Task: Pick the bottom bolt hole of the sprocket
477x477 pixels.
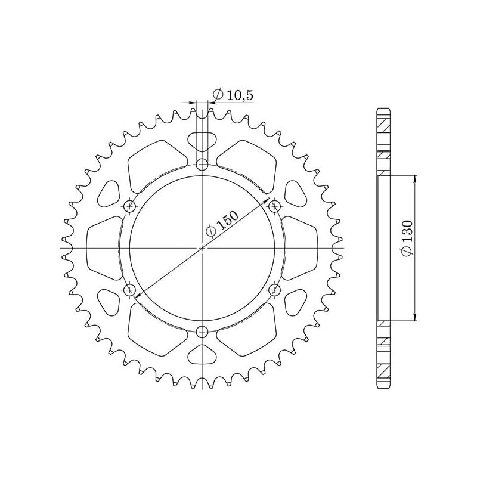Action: [x=203, y=332]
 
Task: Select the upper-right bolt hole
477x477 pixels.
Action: [x=275, y=206]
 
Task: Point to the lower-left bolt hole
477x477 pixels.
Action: [x=131, y=290]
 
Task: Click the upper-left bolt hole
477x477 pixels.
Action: [x=131, y=206]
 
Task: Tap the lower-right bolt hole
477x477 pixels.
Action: [x=275, y=290]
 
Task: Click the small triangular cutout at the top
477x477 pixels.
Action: [x=203, y=143]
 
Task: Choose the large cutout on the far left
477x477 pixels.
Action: [x=104, y=247]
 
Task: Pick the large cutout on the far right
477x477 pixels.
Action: [x=302, y=247]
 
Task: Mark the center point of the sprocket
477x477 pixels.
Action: [x=203, y=247]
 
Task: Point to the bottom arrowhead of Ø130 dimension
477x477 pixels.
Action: [x=414, y=319]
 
